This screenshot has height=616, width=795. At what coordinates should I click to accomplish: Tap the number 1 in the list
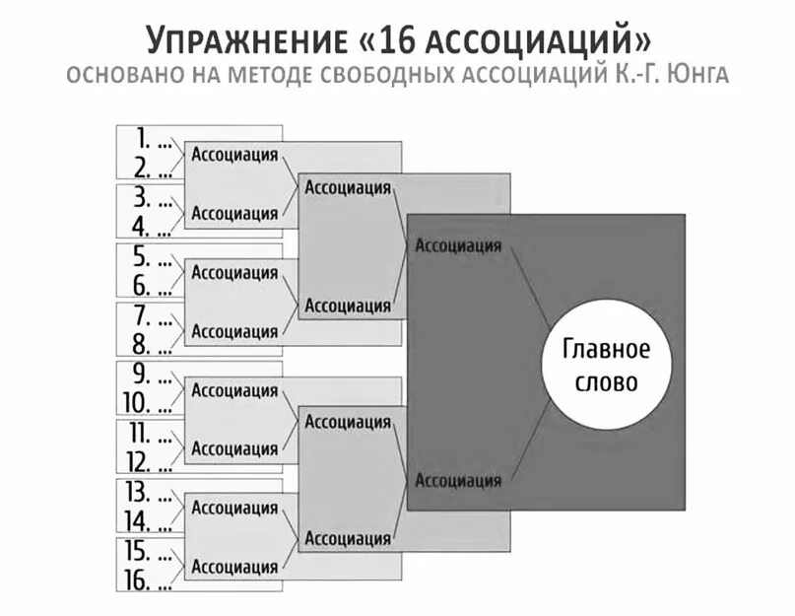[x=141, y=138]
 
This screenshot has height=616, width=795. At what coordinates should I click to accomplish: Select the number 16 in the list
[x=137, y=581]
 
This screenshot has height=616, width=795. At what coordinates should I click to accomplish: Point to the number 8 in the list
[x=141, y=345]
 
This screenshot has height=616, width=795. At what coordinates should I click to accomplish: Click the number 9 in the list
[x=141, y=374]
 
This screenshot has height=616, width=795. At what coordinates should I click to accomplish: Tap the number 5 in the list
[x=141, y=256]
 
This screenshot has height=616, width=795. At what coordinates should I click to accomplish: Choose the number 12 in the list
[x=137, y=461]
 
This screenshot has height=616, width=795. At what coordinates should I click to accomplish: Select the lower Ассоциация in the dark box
[x=458, y=480]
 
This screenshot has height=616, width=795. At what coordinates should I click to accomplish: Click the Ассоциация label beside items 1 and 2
[x=234, y=154]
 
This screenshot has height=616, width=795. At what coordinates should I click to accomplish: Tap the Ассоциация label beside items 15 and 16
[x=234, y=567]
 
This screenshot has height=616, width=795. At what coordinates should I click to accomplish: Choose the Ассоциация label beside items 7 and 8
[x=234, y=331]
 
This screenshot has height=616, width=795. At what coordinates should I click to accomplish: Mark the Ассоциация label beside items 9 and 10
[x=234, y=390]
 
